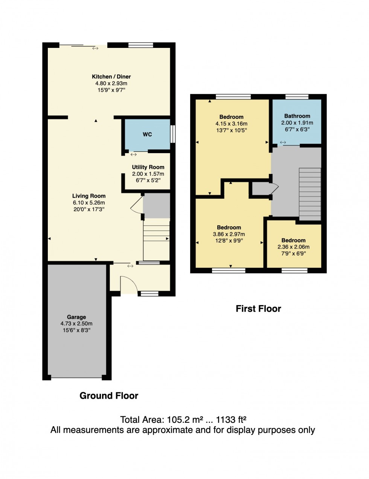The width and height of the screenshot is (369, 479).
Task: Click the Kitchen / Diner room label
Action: pos(111,77)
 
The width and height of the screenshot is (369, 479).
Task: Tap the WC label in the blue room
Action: pos(147,134)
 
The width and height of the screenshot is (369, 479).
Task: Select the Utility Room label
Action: pos(148,167)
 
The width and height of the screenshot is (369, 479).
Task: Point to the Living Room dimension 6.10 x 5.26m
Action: pos(89,203)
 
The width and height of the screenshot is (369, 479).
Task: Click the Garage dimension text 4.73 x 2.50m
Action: pos(76,324)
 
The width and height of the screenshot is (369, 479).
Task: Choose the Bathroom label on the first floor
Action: pos(297,116)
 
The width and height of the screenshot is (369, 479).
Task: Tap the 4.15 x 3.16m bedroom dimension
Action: pos(231,124)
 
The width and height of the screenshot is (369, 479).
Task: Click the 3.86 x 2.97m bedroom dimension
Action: pos(229,234)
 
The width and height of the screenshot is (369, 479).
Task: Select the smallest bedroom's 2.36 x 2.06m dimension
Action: pos(293,247)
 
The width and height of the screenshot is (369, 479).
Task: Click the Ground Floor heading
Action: pos(109,396)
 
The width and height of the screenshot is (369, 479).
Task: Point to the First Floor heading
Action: pos(258,309)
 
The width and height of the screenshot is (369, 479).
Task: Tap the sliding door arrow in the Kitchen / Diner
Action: pos(95,48)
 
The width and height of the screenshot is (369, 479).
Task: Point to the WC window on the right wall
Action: pos(172,134)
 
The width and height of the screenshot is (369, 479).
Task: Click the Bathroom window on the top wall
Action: pos(297,97)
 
